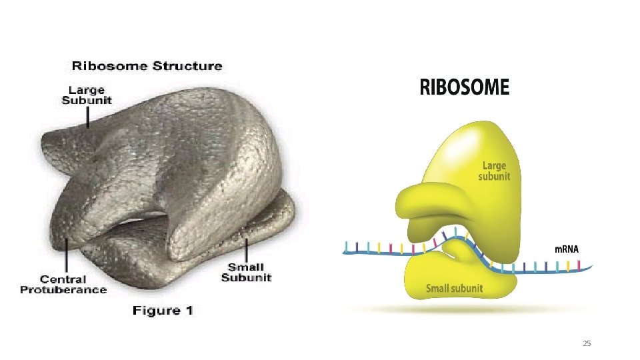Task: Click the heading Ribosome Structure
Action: pos(147,66)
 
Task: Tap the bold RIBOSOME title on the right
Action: pos(465,87)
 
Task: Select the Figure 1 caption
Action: pos(163,311)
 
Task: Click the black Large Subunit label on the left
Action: pos(87,95)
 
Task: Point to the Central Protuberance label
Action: pos(63,285)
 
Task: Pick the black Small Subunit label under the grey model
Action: pos(246,272)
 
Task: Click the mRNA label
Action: pos(567,249)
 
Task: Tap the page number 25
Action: pos(587,343)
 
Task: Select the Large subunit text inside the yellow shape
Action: pos(494,171)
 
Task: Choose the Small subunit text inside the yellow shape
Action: pos(454,288)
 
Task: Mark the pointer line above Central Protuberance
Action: pos(67,255)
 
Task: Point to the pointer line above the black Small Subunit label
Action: pos(246,250)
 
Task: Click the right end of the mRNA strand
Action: pos(591,267)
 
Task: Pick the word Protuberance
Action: pos(63,290)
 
